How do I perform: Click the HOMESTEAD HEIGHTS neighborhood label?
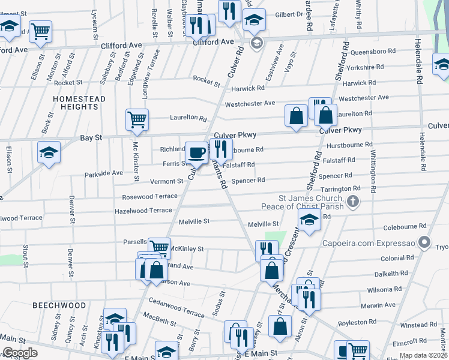click(79, 103)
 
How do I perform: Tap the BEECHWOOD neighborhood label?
click(59, 305)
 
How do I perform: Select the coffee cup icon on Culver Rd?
click(196, 152)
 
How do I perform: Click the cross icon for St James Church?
click(354, 202)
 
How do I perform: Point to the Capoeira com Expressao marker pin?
click(425, 243)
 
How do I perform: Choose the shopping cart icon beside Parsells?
click(159, 247)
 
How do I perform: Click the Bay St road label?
click(91, 138)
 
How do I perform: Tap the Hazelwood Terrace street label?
click(143, 211)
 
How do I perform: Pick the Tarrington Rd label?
click(340, 188)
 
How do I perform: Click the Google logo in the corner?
click(20, 353)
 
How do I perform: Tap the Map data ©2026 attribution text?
click(423, 355)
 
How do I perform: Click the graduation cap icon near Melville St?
click(309, 220)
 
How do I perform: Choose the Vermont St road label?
click(166, 181)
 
